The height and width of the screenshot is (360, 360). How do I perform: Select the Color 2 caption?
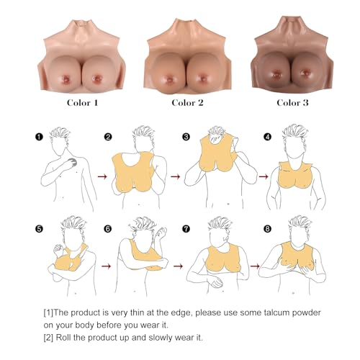(187, 103)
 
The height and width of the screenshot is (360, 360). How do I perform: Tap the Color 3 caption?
(293, 103)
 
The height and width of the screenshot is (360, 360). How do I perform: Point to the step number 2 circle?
(108, 135)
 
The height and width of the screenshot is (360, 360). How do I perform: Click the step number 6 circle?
(108, 230)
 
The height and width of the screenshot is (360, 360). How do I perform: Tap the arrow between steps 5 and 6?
(106, 266)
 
